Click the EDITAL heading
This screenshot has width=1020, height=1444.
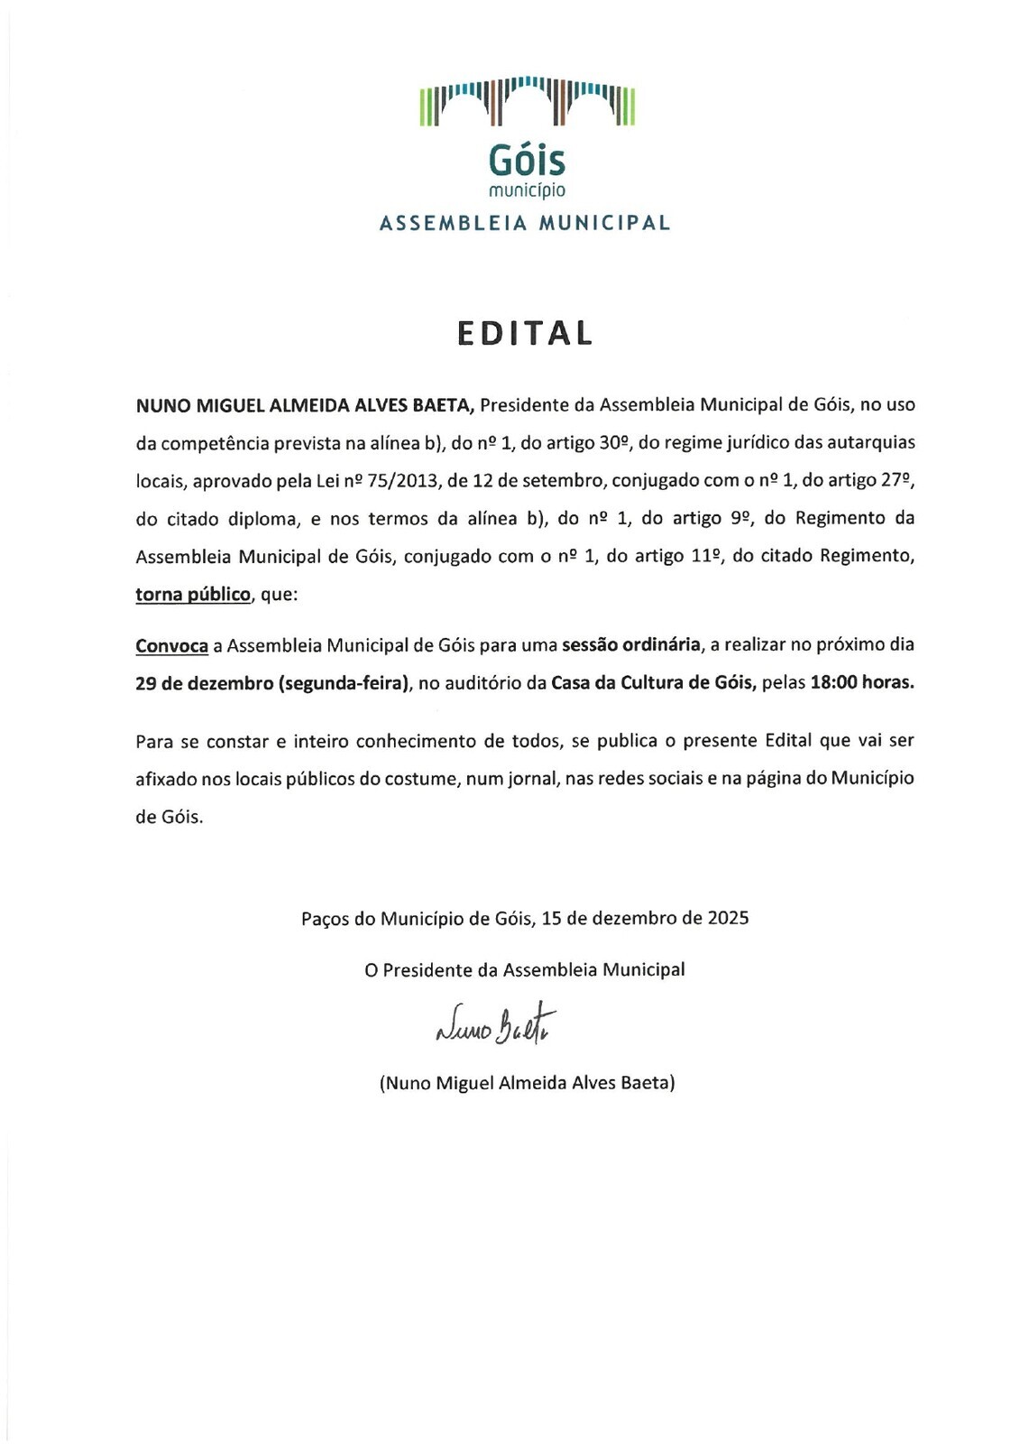tap(525, 333)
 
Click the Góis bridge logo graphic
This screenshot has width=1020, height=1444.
tap(528, 101)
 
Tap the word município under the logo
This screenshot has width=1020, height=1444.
tap(527, 190)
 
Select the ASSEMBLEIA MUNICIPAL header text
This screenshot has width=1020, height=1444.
tap(525, 223)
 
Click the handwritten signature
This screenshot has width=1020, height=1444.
tap(495, 1023)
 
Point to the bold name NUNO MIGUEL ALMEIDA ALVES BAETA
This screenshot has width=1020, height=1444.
tap(305, 405)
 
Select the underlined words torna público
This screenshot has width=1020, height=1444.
tap(193, 595)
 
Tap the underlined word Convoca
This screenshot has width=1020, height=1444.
tap(172, 645)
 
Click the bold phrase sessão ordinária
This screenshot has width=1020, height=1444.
tap(631, 645)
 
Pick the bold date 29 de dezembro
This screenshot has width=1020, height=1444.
tap(204, 683)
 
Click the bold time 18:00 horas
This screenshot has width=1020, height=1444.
tap(862, 683)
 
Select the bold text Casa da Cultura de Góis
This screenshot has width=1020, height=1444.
tap(653, 683)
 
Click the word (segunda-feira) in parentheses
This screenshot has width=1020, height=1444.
tap(345, 683)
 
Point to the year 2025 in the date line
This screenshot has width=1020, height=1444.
tap(728, 919)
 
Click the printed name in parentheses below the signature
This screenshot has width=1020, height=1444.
tap(527, 1083)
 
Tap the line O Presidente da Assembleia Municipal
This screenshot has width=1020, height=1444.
tap(525, 970)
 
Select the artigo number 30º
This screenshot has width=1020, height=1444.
tap(613, 443)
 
